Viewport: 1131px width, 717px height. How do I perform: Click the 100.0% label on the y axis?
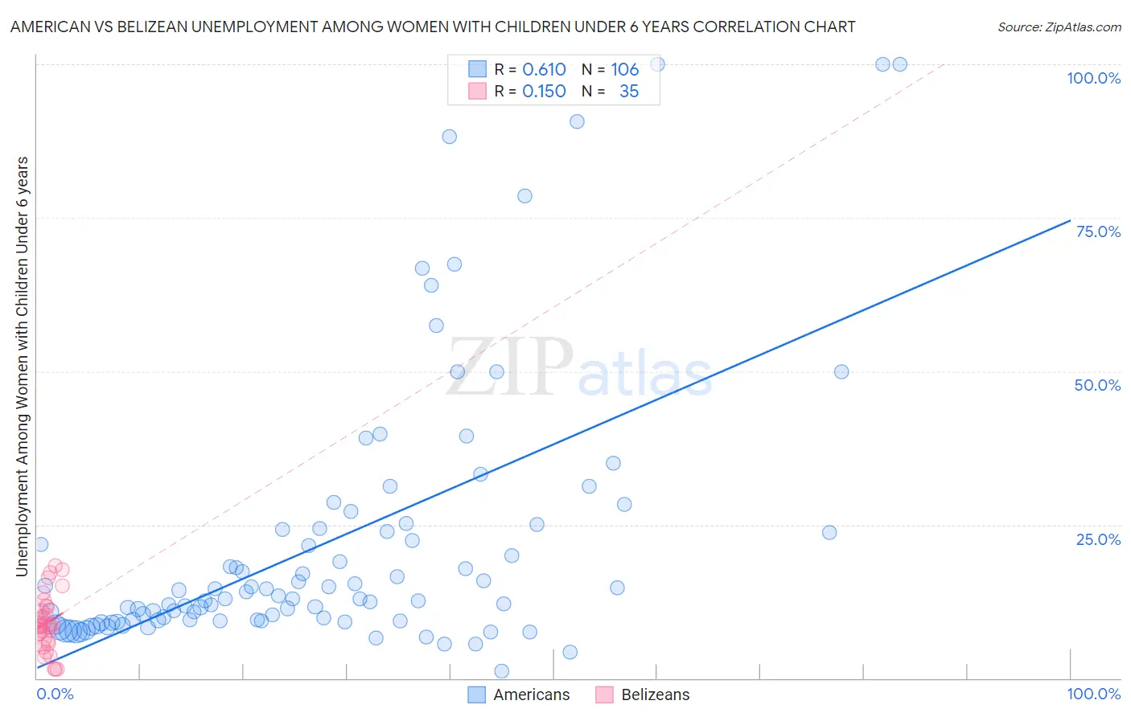[1093, 78]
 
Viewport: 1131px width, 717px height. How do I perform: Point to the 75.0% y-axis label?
[1098, 231]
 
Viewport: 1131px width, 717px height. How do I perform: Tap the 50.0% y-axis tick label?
[1097, 385]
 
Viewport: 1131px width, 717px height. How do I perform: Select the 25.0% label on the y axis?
[1098, 539]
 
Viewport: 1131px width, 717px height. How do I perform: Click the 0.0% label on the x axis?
[55, 694]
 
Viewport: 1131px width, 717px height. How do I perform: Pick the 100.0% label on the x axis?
[1093, 694]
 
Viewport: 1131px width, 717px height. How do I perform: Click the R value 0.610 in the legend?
[544, 69]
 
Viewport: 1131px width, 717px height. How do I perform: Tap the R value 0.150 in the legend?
[544, 91]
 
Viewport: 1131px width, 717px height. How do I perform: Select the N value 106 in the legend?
[624, 69]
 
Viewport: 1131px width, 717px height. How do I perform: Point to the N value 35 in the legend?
[629, 91]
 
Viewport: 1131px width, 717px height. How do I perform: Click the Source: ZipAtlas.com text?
[1059, 27]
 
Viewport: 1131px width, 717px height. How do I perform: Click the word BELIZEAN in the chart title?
[150, 27]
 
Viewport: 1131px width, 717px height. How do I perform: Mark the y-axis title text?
[22, 367]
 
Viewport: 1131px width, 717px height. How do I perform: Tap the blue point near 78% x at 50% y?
[841, 371]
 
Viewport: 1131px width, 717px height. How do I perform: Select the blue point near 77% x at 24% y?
[829, 532]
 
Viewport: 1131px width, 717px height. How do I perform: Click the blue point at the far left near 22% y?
[41, 544]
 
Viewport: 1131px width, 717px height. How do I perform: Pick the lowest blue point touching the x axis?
[501, 671]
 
